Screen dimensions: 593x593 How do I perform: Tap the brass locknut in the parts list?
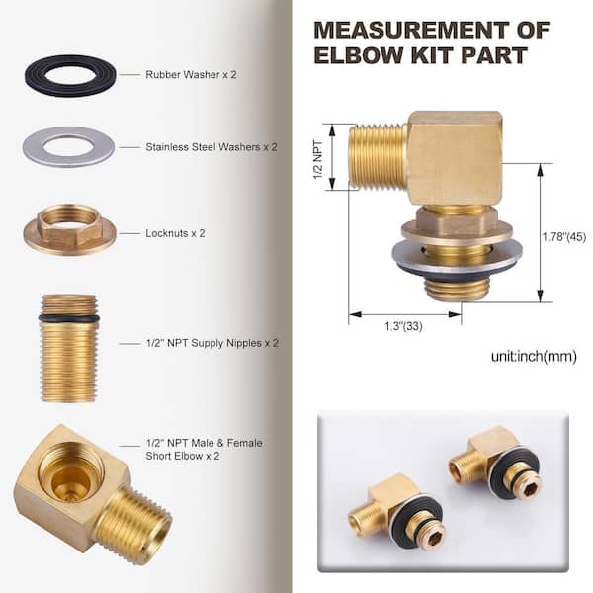pyautogui.click(x=69, y=230)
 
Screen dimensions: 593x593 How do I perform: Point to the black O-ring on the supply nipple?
pyautogui.click(x=69, y=318)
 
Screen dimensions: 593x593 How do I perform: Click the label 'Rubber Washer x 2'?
pyautogui.click(x=191, y=75)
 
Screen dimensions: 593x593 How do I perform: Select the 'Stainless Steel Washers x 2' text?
pyautogui.click(x=212, y=147)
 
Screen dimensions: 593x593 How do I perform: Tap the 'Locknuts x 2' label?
pyautogui.click(x=175, y=233)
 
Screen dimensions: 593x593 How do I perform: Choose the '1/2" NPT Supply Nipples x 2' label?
pyautogui.click(x=212, y=343)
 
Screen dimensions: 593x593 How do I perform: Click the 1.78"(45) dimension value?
pyautogui.click(x=564, y=237)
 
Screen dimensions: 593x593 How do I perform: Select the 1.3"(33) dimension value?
pyautogui.click(x=403, y=326)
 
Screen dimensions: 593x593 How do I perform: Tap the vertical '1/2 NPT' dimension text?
pyautogui.click(x=318, y=160)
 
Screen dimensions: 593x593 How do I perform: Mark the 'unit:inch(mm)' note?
pyautogui.click(x=534, y=356)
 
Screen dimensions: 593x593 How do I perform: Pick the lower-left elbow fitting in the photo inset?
pyautogui.click(x=395, y=508)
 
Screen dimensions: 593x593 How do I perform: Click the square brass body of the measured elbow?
pyautogui.click(x=455, y=158)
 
